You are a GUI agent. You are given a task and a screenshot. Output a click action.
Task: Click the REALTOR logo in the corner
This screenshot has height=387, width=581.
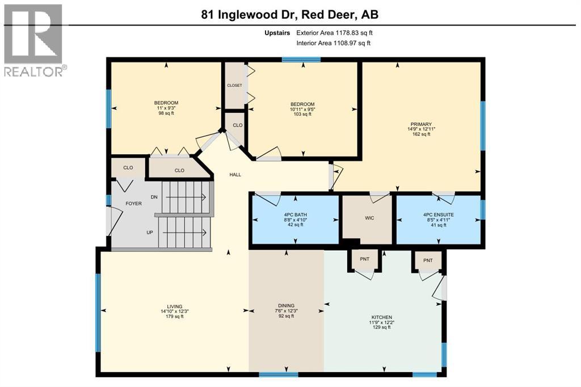click(x=34, y=40)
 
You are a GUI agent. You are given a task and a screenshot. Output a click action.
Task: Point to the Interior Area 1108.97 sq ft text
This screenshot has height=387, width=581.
click(x=333, y=43)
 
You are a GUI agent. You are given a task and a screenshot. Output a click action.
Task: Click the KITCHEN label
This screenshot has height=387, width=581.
click(x=381, y=317)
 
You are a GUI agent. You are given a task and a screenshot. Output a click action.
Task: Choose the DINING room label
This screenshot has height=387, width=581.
click(x=286, y=305)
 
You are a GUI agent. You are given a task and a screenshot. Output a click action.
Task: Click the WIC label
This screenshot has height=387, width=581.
click(x=369, y=218)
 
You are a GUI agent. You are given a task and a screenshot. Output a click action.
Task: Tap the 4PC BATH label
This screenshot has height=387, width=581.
click(x=295, y=214)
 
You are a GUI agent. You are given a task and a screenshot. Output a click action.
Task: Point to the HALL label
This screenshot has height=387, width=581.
click(x=235, y=175)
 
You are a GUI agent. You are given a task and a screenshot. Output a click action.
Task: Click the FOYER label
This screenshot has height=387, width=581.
click(x=134, y=203)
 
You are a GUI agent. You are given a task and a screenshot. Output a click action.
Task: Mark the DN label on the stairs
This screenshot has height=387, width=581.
click(x=154, y=197)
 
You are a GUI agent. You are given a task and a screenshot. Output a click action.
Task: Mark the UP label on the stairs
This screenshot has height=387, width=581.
click(x=150, y=232)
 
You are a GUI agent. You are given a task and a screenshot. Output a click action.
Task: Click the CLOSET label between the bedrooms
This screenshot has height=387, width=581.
click(x=234, y=86)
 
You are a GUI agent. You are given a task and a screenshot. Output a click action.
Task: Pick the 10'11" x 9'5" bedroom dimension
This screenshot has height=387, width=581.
click(x=302, y=109)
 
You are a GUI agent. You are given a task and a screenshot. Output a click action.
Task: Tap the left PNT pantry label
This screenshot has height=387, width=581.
click(x=364, y=259)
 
